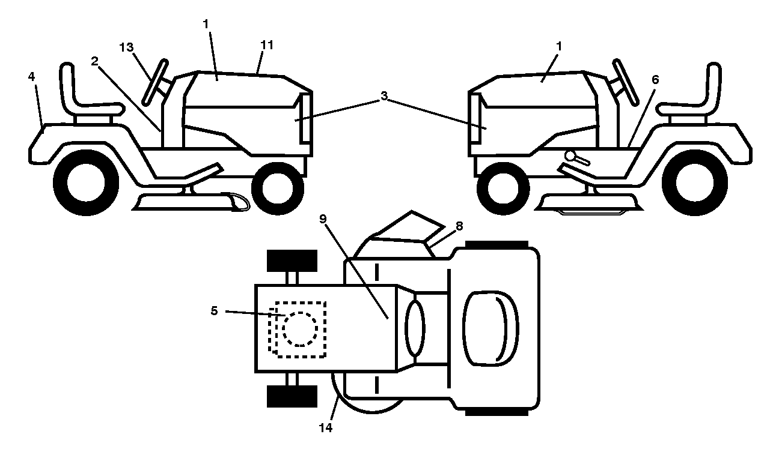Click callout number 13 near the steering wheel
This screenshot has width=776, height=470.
(x=126, y=47)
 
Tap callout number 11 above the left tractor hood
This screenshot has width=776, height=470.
(x=267, y=45)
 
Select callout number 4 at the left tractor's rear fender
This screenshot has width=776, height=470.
(x=31, y=76)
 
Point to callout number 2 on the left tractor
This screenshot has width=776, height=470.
(x=94, y=61)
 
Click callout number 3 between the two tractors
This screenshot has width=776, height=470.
(x=384, y=96)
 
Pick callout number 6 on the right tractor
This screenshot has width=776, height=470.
(x=655, y=80)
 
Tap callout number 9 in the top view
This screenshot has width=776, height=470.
(x=323, y=218)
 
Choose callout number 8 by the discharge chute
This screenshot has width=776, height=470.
(x=459, y=226)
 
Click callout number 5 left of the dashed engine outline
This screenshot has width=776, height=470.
(x=214, y=310)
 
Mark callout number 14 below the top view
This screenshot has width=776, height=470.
(x=325, y=428)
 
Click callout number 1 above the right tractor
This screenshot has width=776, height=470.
(x=558, y=46)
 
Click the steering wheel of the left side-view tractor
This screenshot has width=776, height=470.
(x=155, y=82)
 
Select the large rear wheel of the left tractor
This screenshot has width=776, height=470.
(x=86, y=182)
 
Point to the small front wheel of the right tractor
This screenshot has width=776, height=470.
(x=503, y=188)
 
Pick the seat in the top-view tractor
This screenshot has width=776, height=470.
(x=490, y=328)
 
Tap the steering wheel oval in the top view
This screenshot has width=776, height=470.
(x=415, y=328)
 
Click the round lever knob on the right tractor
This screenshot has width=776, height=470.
(x=570, y=156)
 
